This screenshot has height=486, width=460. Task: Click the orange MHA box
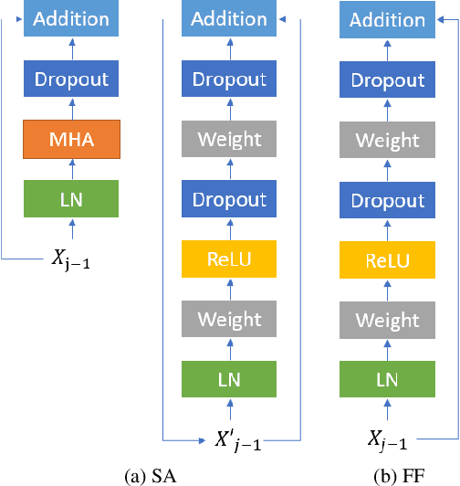(70, 140)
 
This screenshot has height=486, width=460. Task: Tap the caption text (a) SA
(152, 474)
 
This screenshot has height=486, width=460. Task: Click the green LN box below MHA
(70, 200)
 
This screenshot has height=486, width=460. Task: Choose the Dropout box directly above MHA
(70, 79)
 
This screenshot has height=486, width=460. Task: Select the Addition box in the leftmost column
(70, 19)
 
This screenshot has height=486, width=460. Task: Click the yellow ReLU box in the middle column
(229, 260)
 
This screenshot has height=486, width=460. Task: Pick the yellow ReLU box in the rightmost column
(388, 261)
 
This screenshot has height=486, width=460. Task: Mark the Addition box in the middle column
(229, 19)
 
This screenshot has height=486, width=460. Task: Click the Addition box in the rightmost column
(388, 20)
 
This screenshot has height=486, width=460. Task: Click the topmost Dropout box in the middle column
(229, 79)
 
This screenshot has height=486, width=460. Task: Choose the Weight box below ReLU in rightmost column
(388, 322)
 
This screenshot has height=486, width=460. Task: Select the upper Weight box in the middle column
(229, 140)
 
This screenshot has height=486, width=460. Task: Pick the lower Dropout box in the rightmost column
(388, 201)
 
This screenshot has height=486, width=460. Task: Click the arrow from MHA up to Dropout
(70, 110)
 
